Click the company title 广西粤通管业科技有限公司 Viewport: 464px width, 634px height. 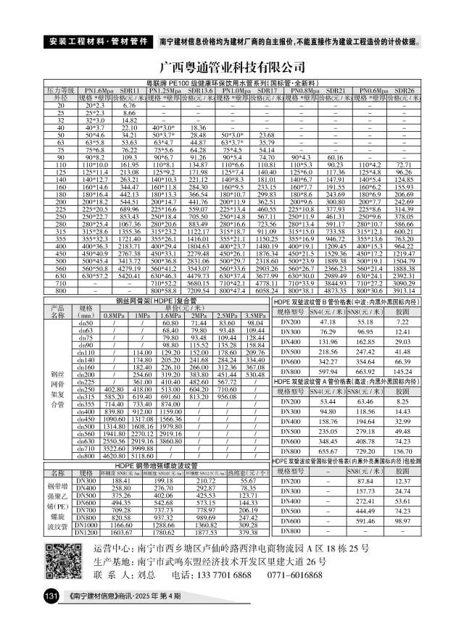coord(232,67)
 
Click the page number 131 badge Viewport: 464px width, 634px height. coord(51,596)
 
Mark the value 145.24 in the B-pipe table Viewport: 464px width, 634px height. coord(403,371)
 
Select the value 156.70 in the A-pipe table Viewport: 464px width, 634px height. coord(403,450)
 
